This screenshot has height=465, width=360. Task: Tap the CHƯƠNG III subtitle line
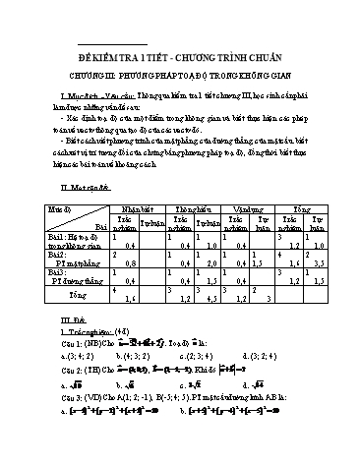pyautogui.click(x=179, y=71)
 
